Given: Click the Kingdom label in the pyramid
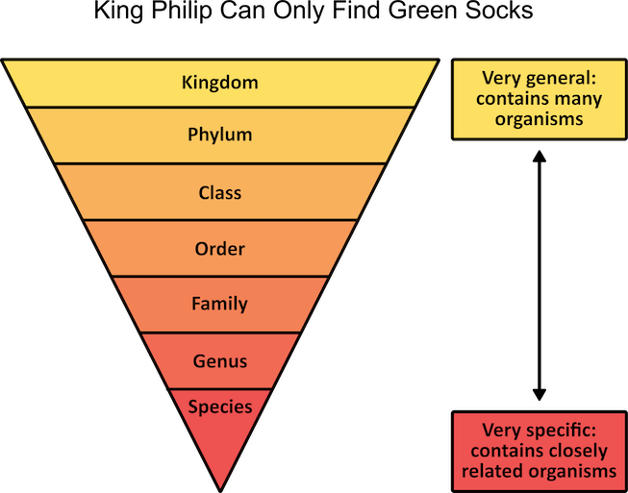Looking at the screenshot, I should (220, 82).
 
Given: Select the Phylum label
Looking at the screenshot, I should (220, 135).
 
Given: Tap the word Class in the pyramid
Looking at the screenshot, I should (220, 192).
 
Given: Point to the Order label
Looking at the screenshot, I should (220, 249).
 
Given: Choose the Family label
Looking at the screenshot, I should (220, 304).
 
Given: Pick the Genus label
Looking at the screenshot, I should (220, 361).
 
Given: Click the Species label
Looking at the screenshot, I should (220, 407).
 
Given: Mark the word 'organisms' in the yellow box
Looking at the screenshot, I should (540, 119).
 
